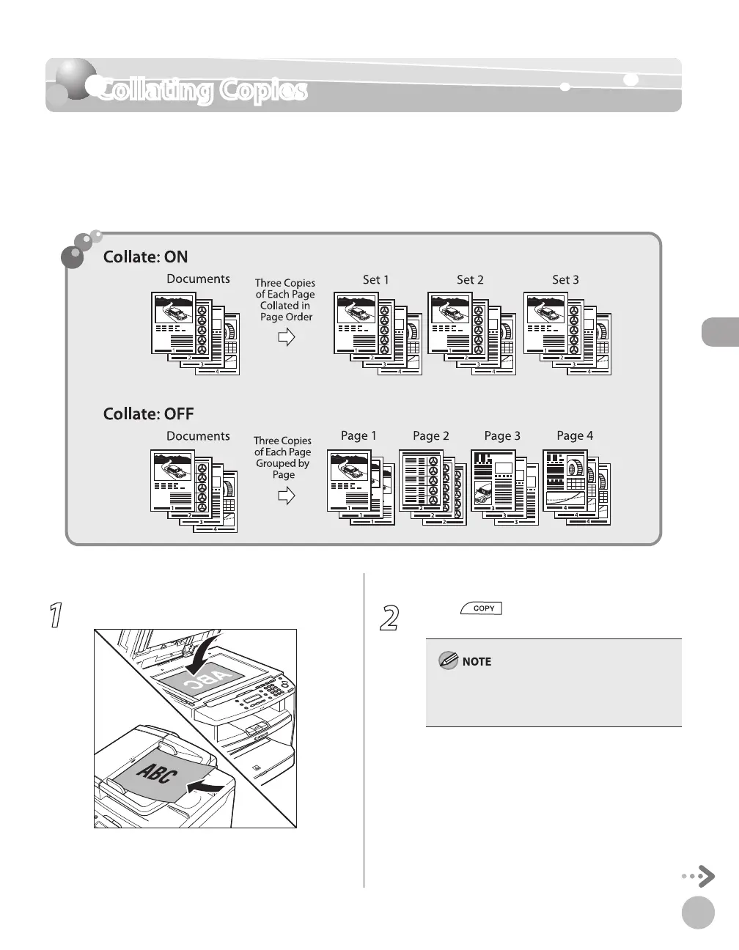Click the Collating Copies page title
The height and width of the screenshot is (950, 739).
(202, 91)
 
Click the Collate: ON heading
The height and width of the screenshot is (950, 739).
(145, 257)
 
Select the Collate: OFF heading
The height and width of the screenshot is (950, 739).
(148, 414)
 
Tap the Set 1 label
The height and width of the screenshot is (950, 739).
(376, 279)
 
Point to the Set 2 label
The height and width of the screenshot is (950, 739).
(470, 279)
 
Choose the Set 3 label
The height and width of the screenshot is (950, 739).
(565, 279)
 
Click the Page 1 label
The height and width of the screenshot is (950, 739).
(359, 435)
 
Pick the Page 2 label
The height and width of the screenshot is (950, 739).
(430, 436)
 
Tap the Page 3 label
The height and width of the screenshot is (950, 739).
(502, 436)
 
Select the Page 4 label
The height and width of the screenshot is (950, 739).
(575, 435)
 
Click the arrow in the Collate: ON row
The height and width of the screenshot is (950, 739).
(286, 337)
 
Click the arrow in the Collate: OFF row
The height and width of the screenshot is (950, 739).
(286, 496)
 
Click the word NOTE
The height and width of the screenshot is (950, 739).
(477, 661)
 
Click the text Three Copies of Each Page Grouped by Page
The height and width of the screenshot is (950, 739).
(283, 457)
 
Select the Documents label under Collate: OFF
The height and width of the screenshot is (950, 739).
(198, 436)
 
